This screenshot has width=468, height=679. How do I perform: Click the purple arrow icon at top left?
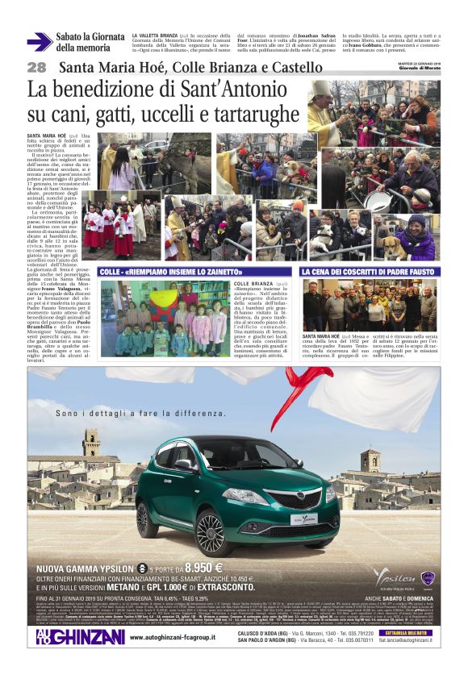tap(39, 42)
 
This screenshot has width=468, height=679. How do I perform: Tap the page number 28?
tap(36, 68)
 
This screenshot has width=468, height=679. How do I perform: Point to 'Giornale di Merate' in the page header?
tap(420, 68)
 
